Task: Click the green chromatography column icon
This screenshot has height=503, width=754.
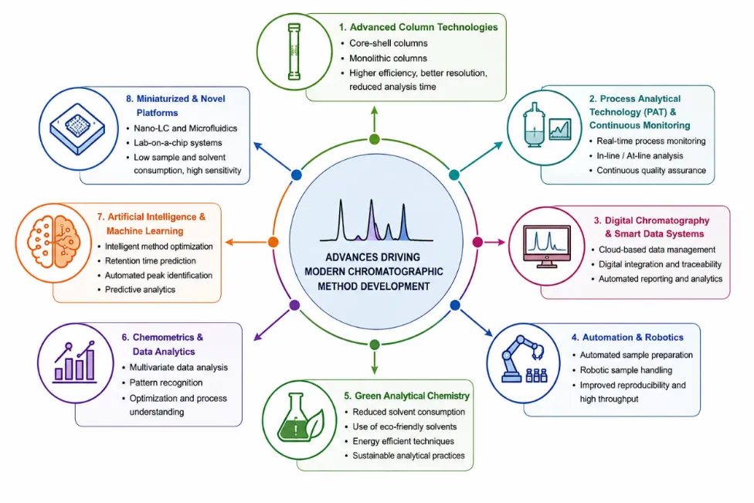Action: click(294, 52)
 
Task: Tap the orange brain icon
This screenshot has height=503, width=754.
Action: click(53, 242)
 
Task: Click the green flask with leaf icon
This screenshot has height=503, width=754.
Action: click(300, 417)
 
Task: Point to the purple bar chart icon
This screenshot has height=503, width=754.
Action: click(75, 362)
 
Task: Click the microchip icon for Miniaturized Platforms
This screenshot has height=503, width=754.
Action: click(77, 128)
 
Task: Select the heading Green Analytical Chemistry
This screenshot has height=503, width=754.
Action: click(407, 396)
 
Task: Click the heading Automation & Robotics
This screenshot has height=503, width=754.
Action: click(627, 337)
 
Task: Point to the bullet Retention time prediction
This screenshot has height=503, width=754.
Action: click(151, 260)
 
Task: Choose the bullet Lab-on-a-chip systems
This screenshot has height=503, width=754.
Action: click(178, 143)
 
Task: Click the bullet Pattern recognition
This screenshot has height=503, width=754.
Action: click(166, 382)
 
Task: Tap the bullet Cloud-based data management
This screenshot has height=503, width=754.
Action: click(657, 250)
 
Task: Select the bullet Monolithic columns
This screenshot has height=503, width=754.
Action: click(388, 58)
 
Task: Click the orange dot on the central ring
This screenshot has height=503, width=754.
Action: click(273, 242)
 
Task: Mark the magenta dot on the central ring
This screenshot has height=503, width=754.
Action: click(477, 242)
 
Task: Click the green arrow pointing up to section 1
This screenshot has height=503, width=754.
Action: click(374, 119)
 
